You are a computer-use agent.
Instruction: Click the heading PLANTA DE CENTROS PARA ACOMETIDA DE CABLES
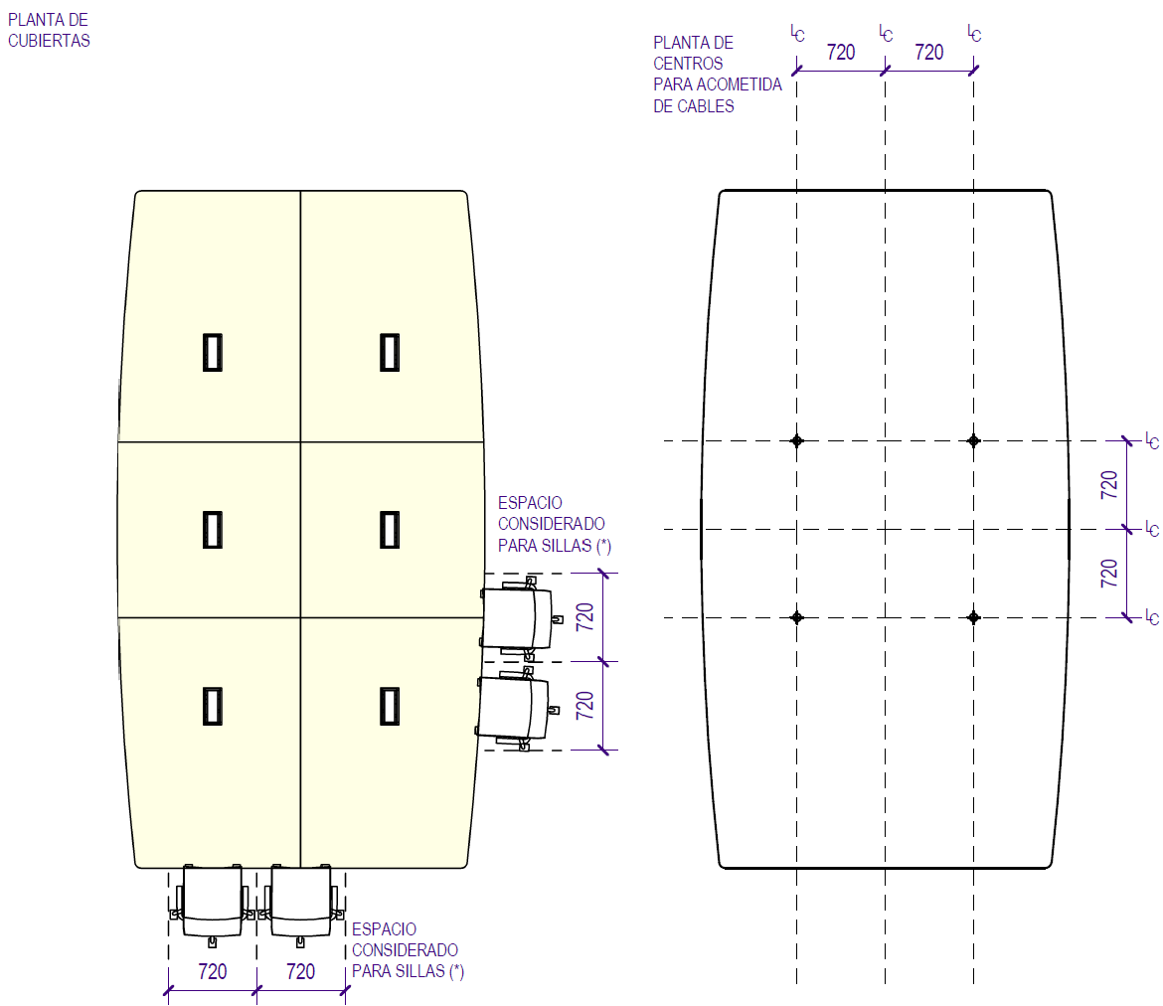(717, 75)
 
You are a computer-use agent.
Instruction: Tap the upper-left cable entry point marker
(796, 440)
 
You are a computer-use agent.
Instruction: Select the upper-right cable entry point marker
(973, 440)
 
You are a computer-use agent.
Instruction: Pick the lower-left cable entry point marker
(796, 617)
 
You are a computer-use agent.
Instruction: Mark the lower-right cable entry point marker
(973, 617)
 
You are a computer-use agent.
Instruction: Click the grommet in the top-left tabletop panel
(212, 352)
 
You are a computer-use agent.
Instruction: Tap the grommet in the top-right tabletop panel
(390, 352)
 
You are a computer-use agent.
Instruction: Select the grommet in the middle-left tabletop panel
(212, 529)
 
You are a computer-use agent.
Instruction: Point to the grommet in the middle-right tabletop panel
(390, 529)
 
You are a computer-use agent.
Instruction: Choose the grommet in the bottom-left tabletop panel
(212, 705)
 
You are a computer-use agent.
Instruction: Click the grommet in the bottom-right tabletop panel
(390, 705)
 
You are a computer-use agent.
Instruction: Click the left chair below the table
(213, 903)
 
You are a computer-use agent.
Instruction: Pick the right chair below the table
(300, 903)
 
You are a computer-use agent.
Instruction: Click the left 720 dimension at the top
(841, 53)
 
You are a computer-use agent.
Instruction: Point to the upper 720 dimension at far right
(1110, 484)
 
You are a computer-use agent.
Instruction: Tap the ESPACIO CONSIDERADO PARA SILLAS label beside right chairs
(551, 524)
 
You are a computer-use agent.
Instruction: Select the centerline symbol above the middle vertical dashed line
(886, 33)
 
